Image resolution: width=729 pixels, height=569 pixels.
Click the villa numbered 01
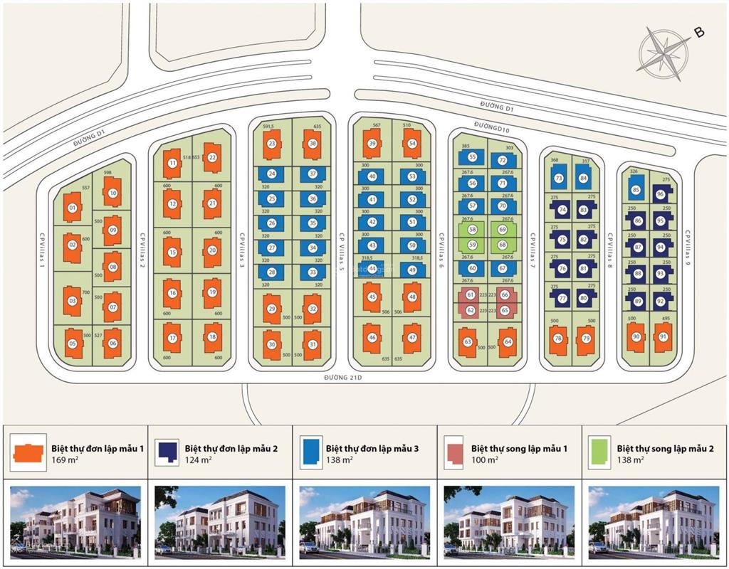(x=72, y=208)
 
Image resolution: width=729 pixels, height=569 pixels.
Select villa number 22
(x=212, y=158)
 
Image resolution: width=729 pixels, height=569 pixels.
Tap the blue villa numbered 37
(x=313, y=174)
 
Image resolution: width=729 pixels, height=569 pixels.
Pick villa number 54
(x=412, y=144)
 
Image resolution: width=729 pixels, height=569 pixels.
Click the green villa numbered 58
(x=472, y=230)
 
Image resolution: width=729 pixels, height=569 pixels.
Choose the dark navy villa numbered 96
(x=660, y=194)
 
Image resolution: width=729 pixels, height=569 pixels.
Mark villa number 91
(x=663, y=336)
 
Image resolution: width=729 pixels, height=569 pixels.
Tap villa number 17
(x=172, y=338)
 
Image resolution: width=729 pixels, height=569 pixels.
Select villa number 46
(x=372, y=338)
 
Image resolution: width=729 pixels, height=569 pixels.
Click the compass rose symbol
(x=664, y=51)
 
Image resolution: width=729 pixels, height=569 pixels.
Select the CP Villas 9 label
(x=688, y=255)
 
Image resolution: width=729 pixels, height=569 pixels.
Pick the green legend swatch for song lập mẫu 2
(x=599, y=452)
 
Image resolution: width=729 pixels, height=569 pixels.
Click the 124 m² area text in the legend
(x=199, y=460)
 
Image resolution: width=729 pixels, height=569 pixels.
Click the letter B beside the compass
(x=699, y=32)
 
